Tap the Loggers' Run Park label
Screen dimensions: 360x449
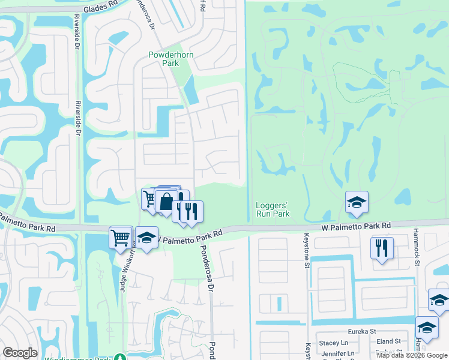(x=273, y=209)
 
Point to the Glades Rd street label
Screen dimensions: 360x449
(x=100, y=7)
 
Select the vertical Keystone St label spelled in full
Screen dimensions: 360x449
(x=306, y=248)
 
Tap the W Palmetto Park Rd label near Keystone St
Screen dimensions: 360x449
(x=356, y=226)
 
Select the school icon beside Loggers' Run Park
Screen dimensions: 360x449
(x=357, y=203)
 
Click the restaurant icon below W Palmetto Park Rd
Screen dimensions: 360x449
(x=382, y=248)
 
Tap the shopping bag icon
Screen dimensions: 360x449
(x=166, y=202)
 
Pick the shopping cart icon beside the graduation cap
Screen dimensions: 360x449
(x=121, y=238)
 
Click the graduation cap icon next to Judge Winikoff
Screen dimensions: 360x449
(x=146, y=238)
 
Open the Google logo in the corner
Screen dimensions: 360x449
(x=20, y=353)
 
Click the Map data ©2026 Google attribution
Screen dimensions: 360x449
(x=412, y=355)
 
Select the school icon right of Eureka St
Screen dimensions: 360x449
(x=427, y=328)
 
